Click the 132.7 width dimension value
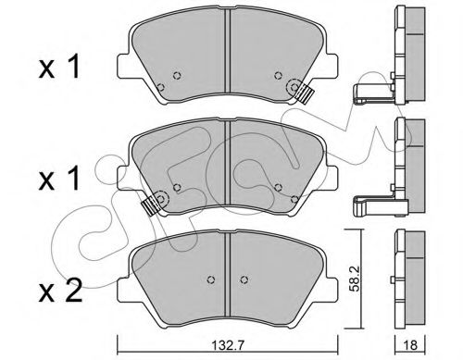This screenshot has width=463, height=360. coord(228,345)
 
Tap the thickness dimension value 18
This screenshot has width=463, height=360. coord(410,345)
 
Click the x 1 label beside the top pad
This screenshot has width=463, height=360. coord(59,67)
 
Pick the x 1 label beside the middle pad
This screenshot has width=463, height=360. coord(59,179)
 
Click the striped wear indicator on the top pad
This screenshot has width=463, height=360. coord(305,93)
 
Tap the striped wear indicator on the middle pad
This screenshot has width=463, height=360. coord(150,205)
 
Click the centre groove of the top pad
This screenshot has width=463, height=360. coord(228,51)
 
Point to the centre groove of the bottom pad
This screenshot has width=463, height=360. coord(228,275)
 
